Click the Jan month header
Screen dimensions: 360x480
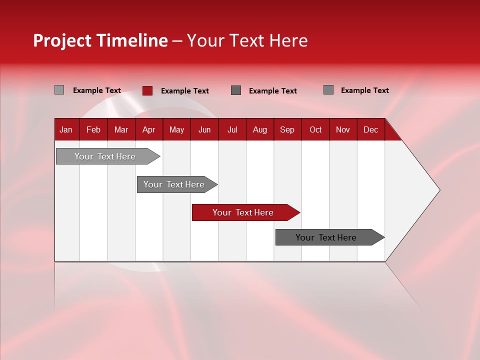tap(66, 129)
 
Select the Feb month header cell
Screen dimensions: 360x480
tap(93, 129)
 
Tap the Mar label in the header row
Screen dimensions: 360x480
tap(121, 129)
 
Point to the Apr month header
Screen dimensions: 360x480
tap(148, 129)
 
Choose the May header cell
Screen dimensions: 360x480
tap(176, 129)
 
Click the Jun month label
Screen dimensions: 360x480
tap(204, 129)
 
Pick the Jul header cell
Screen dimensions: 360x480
tap(232, 129)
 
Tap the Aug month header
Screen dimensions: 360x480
tap(260, 129)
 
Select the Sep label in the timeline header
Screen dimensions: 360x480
tap(287, 129)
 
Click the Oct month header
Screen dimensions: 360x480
tap(315, 129)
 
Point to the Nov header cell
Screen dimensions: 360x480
tap(343, 129)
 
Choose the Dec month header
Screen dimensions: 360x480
tap(371, 129)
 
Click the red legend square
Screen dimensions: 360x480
tap(147, 90)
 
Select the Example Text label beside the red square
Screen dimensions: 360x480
tap(185, 91)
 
